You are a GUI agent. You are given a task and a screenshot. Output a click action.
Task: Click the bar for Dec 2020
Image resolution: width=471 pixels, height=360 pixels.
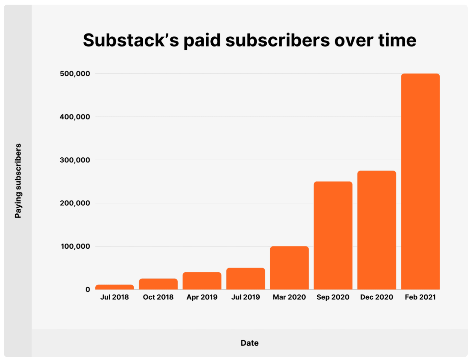[x=377, y=230]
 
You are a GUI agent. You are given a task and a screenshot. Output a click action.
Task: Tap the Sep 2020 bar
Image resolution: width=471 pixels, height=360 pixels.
[x=333, y=235]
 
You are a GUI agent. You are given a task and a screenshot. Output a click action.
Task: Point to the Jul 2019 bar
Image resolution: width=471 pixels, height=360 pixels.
[x=245, y=279]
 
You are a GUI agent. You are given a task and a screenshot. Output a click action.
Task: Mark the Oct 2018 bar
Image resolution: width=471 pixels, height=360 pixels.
[x=158, y=284]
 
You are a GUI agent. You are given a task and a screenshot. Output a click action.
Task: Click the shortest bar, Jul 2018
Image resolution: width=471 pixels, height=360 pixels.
[x=114, y=287]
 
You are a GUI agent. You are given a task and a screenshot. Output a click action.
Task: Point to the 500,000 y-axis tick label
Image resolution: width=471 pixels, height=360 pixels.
[x=75, y=74]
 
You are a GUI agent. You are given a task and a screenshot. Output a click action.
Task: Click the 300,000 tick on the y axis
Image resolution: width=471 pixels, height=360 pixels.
[x=75, y=160]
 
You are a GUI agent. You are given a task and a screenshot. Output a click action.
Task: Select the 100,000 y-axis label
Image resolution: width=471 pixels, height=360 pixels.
[x=75, y=246]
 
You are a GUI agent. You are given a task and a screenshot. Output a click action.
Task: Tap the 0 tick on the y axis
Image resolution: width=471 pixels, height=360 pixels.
[x=87, y=290]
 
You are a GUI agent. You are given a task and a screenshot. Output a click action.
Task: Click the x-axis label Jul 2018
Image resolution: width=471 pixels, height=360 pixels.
[x=114, y=297]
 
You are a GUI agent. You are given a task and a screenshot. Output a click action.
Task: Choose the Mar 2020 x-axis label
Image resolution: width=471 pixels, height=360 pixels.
[x=289, y=297]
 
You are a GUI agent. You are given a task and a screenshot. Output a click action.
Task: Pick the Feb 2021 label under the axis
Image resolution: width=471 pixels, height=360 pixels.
[x=420, y=297]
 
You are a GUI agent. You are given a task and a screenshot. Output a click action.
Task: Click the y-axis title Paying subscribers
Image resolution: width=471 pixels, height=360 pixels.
[x=18, y=181]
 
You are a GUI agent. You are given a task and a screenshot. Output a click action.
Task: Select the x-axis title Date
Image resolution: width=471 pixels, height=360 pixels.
[x=249, y=343]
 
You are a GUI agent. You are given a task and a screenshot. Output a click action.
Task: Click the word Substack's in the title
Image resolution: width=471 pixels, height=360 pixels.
[x=131, y=40]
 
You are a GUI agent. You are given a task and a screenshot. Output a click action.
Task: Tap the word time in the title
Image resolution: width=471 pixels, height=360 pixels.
[x=397, y=40]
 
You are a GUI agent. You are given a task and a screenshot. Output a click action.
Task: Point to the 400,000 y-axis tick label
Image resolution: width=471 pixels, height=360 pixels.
[x=75, y=117]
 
